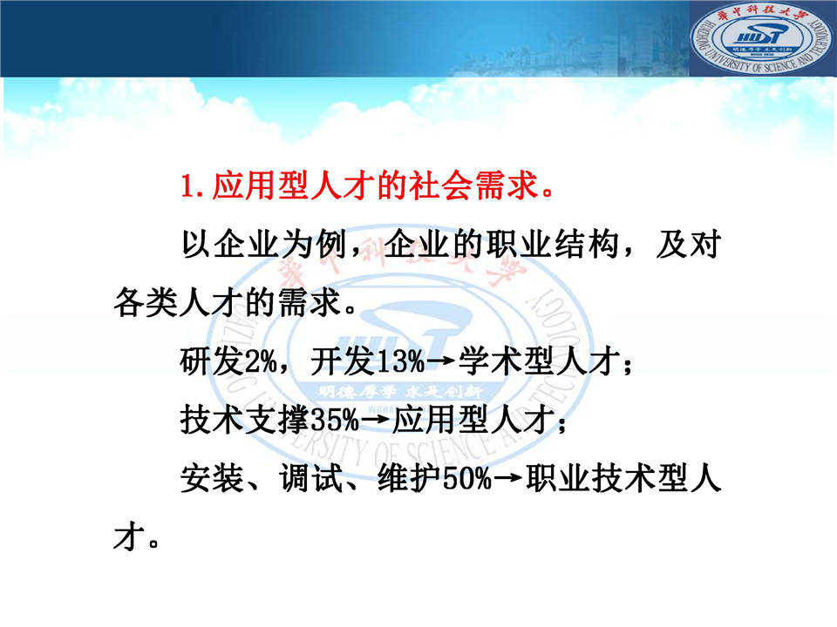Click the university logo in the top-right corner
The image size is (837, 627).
[x=763, y=37]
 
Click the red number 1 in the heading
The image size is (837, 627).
[x=187, y=186]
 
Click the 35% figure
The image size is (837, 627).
[x=335, y=420]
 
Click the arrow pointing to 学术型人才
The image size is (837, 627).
[x=441, y=362]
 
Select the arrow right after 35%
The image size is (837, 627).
[x=376, y=421]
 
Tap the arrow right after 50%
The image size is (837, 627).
[x=507, y=479]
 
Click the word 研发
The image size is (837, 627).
[x=212, y=361]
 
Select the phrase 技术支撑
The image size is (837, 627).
[x=245, y=420]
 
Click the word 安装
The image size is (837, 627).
[x=212, y=478]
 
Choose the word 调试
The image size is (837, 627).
[x=310, y=478]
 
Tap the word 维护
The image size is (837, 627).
[x=410, y=478]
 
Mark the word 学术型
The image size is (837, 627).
[x=507, y=361]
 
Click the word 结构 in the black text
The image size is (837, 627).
[x=587, y=245]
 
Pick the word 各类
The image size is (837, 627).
[x=146, y=303]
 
